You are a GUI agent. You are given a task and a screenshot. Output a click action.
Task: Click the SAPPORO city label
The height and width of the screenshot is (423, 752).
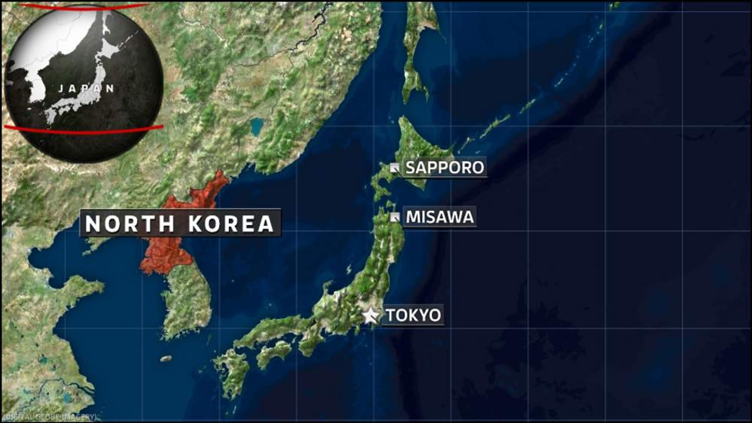coord(445,167)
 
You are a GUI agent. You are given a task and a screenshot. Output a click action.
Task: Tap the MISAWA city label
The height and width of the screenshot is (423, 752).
coord(440,217)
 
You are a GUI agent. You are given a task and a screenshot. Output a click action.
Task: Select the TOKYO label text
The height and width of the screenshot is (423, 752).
coord(413,315)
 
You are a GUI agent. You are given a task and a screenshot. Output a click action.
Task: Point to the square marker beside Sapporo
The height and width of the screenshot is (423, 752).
coord(395,168)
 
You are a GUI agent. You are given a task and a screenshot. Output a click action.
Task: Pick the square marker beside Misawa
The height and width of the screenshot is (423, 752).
coord(395,217)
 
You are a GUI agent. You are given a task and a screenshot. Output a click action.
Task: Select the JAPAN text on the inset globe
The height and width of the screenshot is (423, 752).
coord(87,88)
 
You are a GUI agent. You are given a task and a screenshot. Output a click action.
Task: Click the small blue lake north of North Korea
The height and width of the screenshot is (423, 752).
coord(257,126)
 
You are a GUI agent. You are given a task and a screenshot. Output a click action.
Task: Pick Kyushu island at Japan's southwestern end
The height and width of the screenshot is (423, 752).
coord(231,371)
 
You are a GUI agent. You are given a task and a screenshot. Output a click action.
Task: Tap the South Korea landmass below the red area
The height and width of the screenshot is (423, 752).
coord(187,305)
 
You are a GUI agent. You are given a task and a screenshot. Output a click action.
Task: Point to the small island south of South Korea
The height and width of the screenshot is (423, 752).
coord(166,358)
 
